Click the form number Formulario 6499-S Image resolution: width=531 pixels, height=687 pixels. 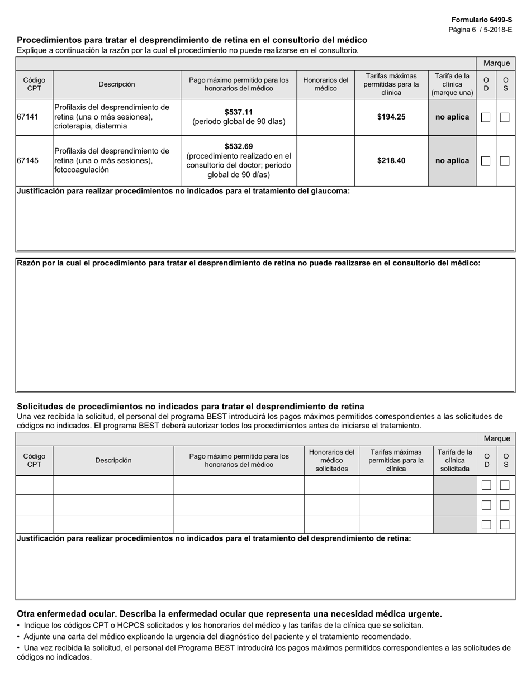coord(481,20)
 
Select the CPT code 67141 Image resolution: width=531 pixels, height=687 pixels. coord(28,117)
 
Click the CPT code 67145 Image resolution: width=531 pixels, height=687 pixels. coord(28,160)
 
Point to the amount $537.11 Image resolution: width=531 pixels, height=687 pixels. coord(239,112)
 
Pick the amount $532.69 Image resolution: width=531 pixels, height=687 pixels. coord(239,146)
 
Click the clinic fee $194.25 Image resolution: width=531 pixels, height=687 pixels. coord(391,117)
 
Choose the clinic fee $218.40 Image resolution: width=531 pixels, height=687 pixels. coord(391,160)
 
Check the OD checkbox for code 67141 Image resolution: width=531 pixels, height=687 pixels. coord(486,117)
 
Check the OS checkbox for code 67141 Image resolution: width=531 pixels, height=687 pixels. coord(505,117)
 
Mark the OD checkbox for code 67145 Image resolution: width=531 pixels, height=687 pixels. coord(486,161)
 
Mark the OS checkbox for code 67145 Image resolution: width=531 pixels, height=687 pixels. coord(505,161)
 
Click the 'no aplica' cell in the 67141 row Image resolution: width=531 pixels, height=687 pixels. coord(452,117)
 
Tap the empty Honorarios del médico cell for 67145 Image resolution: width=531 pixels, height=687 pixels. coord(325,160)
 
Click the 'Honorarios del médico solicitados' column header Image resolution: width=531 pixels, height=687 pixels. coord(331,460)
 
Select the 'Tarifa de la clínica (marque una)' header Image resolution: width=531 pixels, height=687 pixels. coord(452,84)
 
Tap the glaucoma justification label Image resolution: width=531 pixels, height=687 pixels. coord(183,191)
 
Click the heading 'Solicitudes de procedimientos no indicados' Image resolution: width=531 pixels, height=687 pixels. coord(190,407)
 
